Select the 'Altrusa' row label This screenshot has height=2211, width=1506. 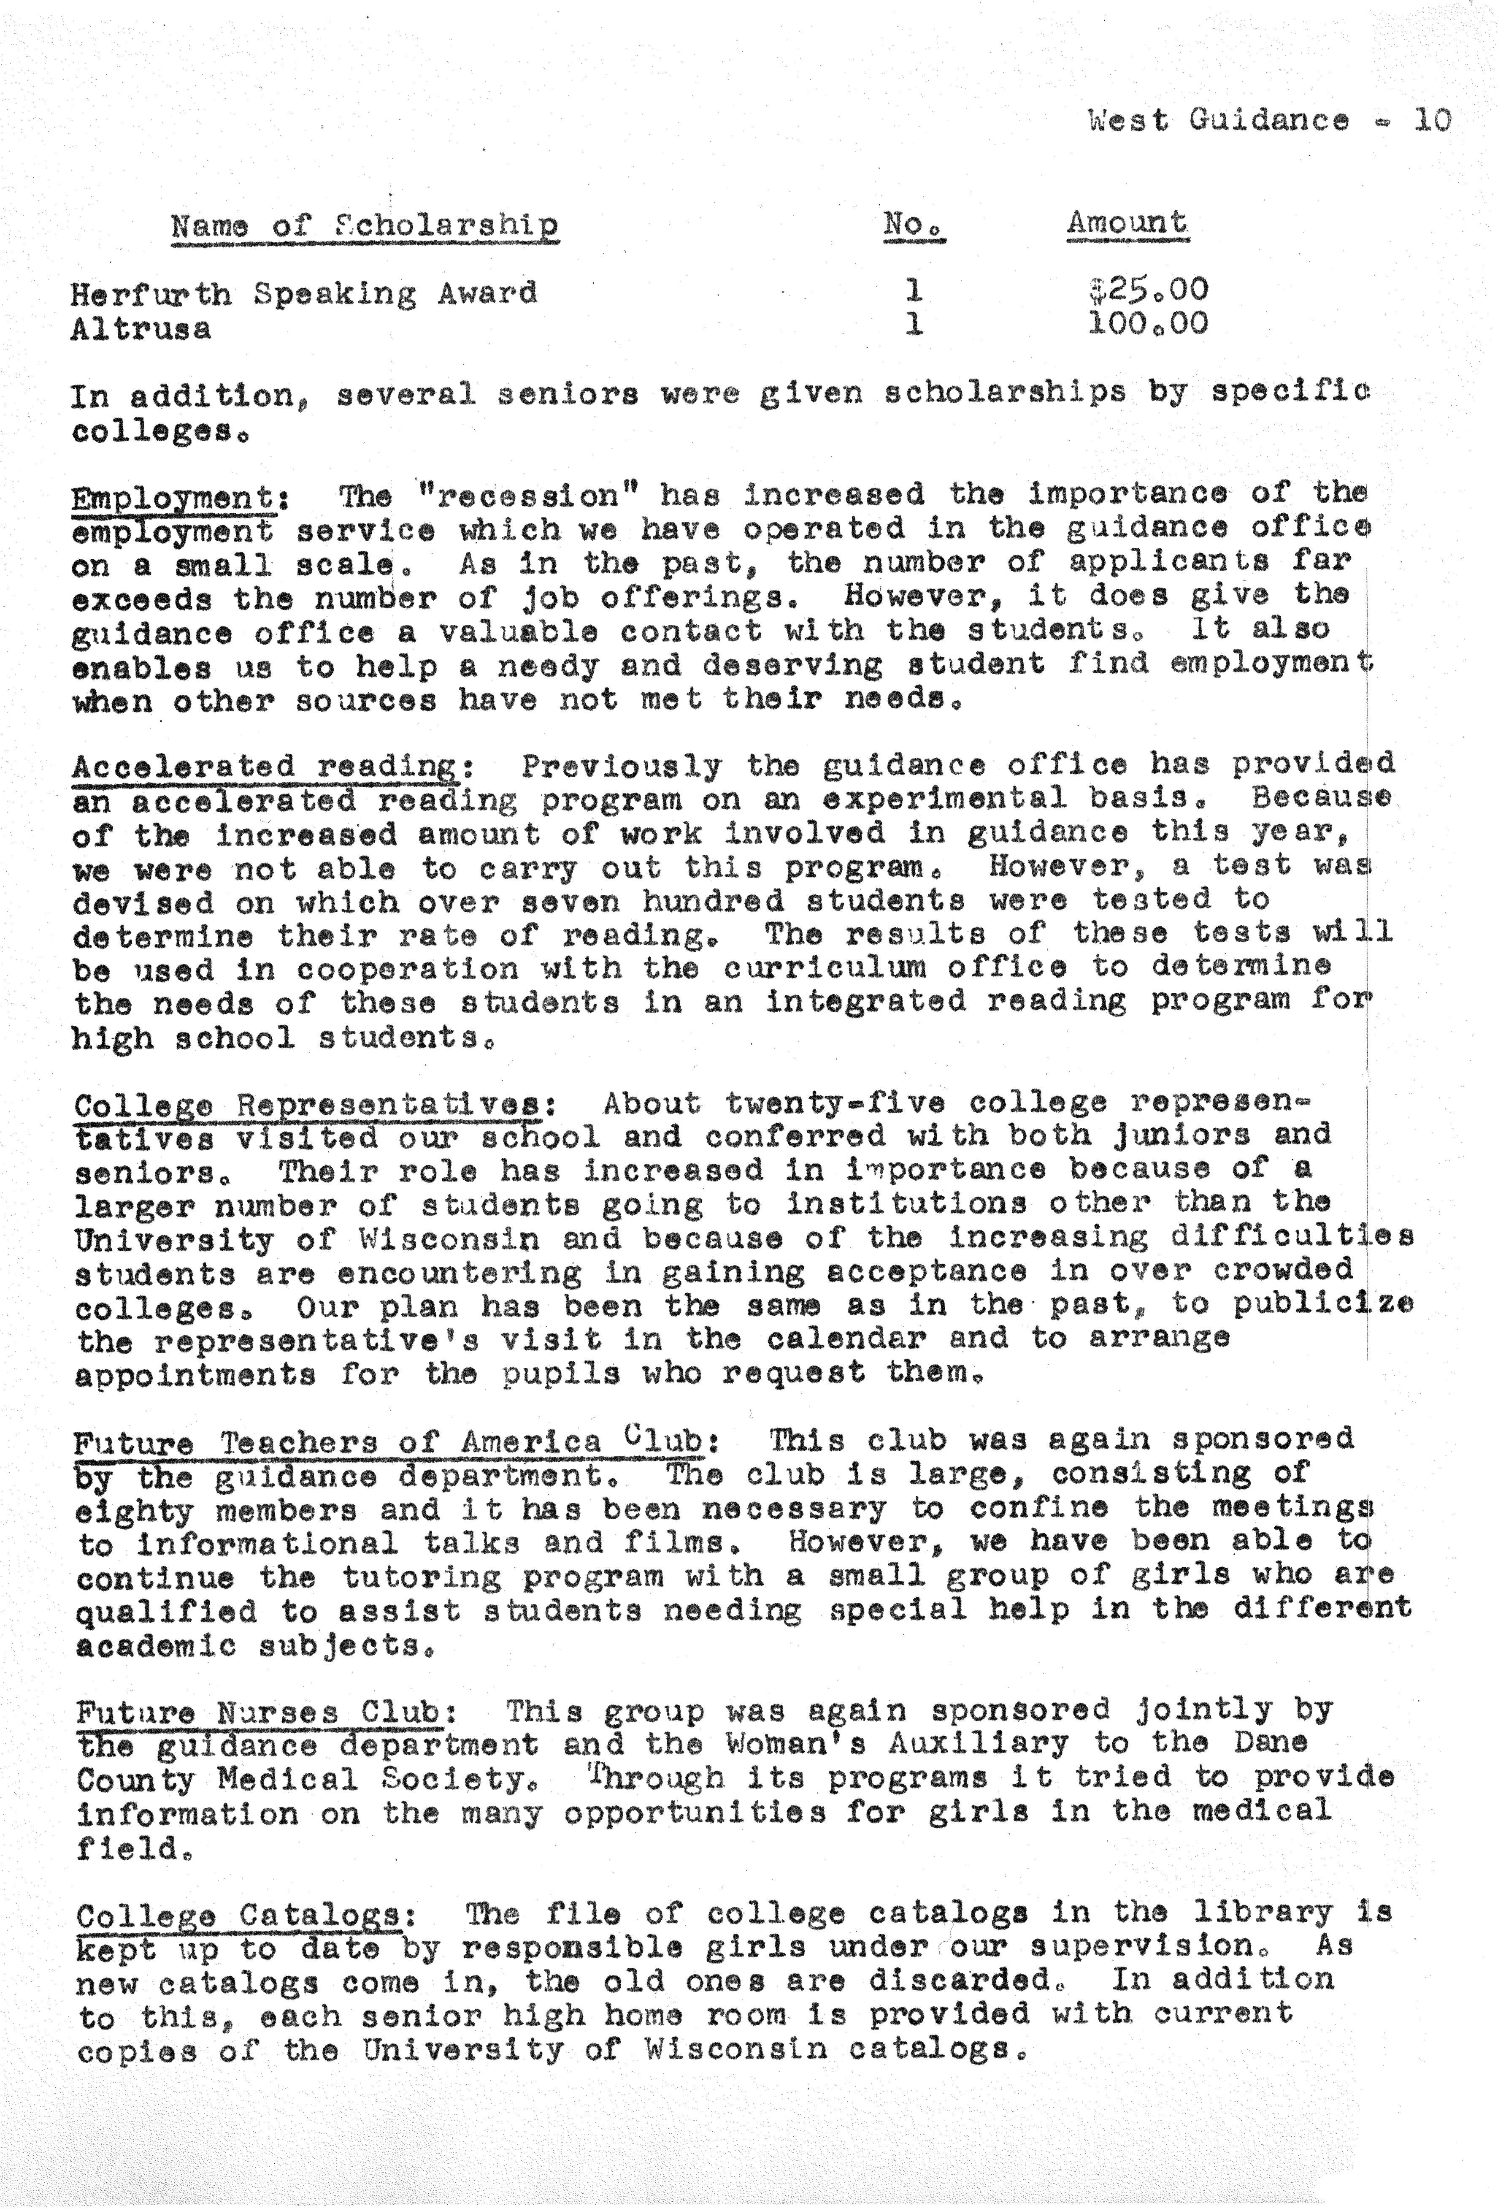tap(141, 329)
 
